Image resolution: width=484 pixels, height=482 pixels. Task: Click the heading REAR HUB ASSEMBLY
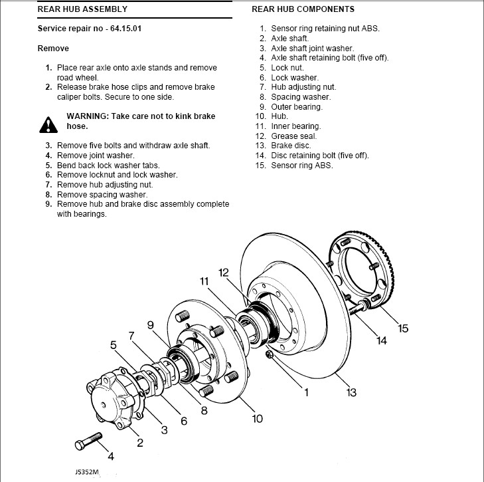pos(82,10)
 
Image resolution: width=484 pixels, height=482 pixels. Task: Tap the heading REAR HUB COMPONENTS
pos(303,9)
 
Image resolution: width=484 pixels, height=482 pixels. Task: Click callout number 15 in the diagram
pos(403,328)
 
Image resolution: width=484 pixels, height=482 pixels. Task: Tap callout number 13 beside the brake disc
pos(351,392)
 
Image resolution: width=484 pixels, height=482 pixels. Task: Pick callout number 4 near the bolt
pos(111,457)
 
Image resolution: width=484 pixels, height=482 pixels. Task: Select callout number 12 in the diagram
pos(223,272)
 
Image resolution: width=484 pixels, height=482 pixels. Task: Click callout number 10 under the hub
pos(257,419)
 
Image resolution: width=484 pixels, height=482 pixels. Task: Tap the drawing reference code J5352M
pos(86,473)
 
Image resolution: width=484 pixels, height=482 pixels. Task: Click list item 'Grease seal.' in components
pos(294,136)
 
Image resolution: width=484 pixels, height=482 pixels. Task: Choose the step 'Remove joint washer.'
pos(96,155)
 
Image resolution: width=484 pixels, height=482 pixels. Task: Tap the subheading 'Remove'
pos(53,49)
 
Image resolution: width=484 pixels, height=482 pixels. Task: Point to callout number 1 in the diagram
pos(306,392)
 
